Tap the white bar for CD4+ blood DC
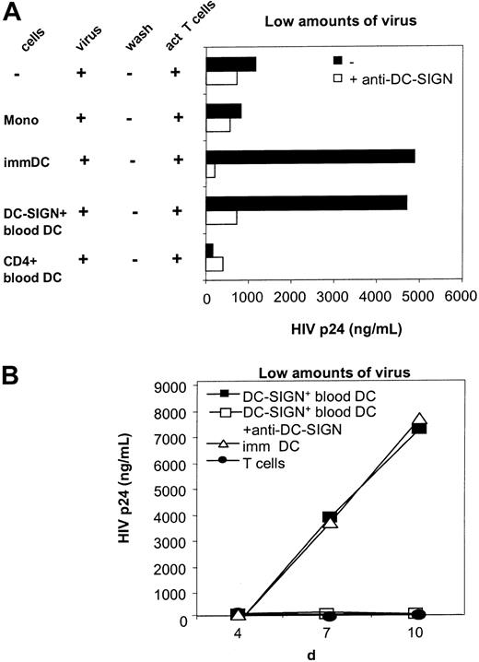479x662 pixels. tap(215, 264)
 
